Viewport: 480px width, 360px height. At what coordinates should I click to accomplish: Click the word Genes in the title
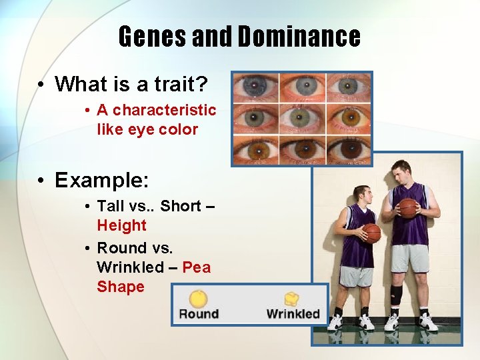click(x=153, y=36)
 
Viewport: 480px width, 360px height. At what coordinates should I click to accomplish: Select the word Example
click(x=101, y=180)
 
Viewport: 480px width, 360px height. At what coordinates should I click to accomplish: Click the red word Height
click(x=121, y=225)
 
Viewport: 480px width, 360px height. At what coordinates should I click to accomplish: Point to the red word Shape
click(x=121, y=287)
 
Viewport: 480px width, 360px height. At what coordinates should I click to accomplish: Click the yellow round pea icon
click(x=198, y=298)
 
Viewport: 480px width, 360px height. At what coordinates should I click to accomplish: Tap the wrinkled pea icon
click(x=292, y=299)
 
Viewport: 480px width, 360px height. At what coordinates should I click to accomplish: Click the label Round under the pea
click(x=199, y=314)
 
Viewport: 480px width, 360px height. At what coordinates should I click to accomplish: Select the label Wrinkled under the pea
click(x=293, y=314)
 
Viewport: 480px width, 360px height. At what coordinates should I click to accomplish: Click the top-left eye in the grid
click(x=255, y=87)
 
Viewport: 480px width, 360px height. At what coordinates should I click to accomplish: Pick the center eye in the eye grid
click(x=302, y=118)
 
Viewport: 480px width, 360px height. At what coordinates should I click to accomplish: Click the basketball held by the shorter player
click(x=372, y=233)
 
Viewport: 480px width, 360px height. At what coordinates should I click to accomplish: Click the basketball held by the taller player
click(x=408, y=207)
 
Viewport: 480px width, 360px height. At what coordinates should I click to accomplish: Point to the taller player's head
click(x=401, y=171)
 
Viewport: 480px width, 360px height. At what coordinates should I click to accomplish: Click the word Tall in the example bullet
click(x=111, y=206)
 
